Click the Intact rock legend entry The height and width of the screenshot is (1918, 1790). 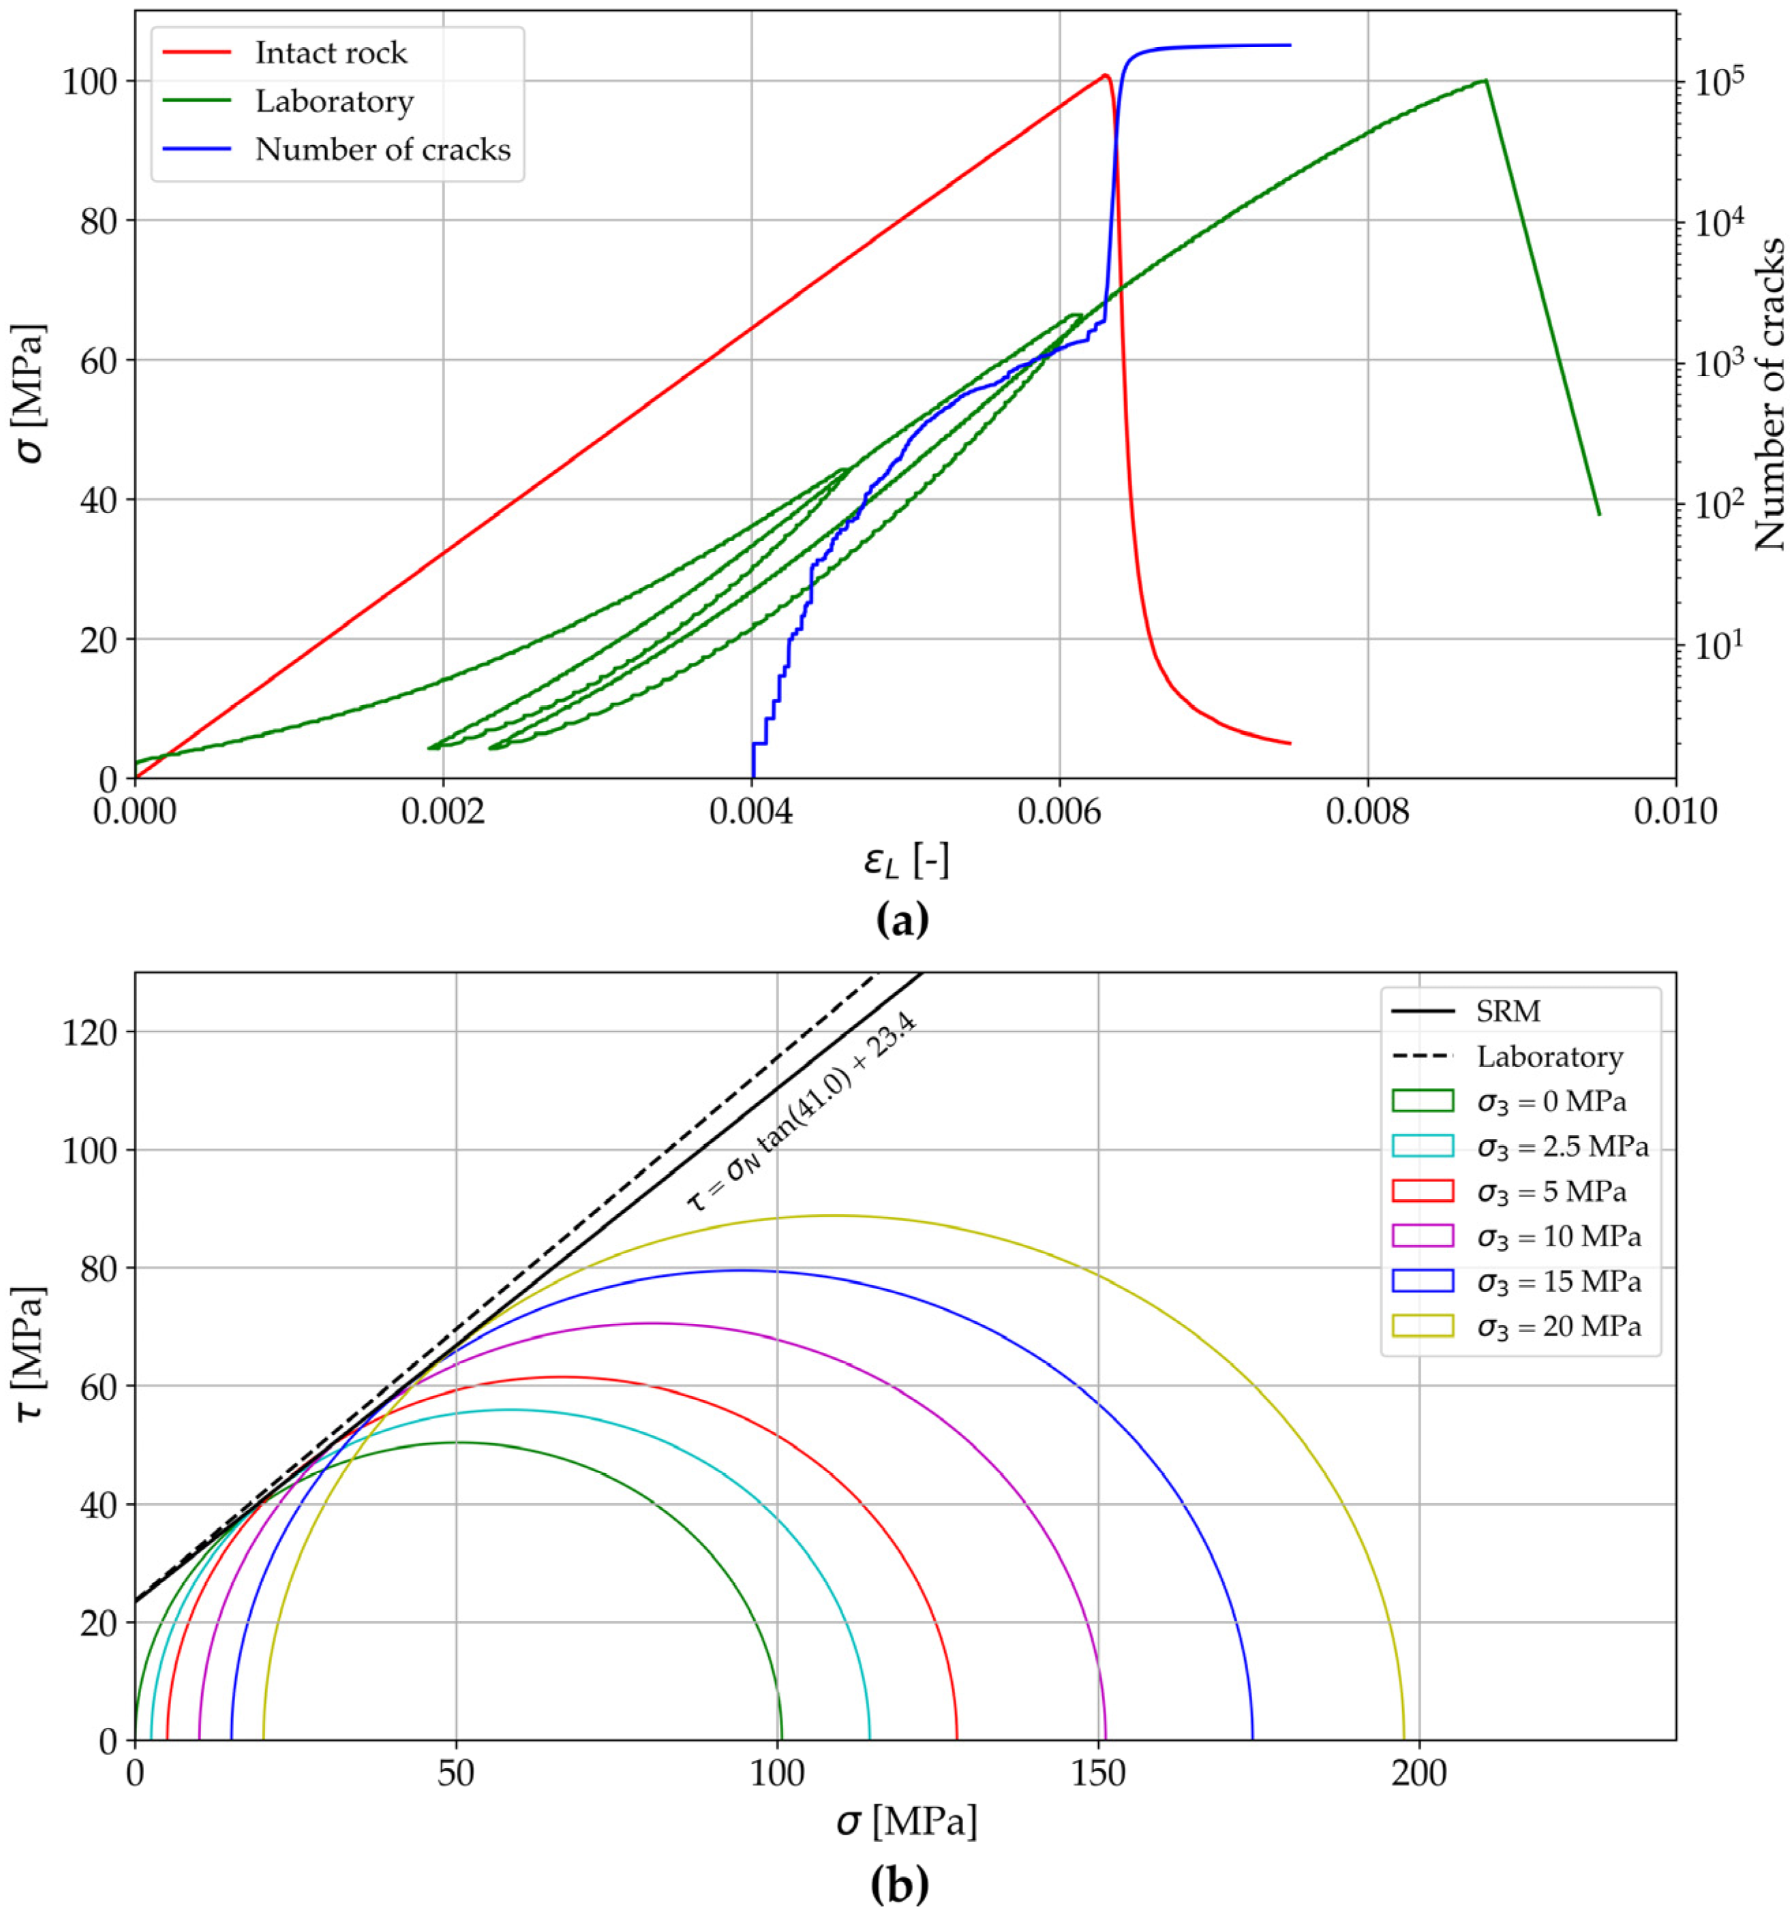tap(330, 53)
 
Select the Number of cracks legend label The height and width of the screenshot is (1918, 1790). tap(382, 149)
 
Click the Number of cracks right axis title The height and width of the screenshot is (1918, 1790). tap(1768, 396)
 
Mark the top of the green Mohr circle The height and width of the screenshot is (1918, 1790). tap(457, 1442)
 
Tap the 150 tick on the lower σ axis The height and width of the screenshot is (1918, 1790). tap(1097, 1774)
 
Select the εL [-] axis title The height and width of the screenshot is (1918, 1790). tap(906, 861)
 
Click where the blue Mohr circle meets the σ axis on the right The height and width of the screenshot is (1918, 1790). tap(1252, 1739)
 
